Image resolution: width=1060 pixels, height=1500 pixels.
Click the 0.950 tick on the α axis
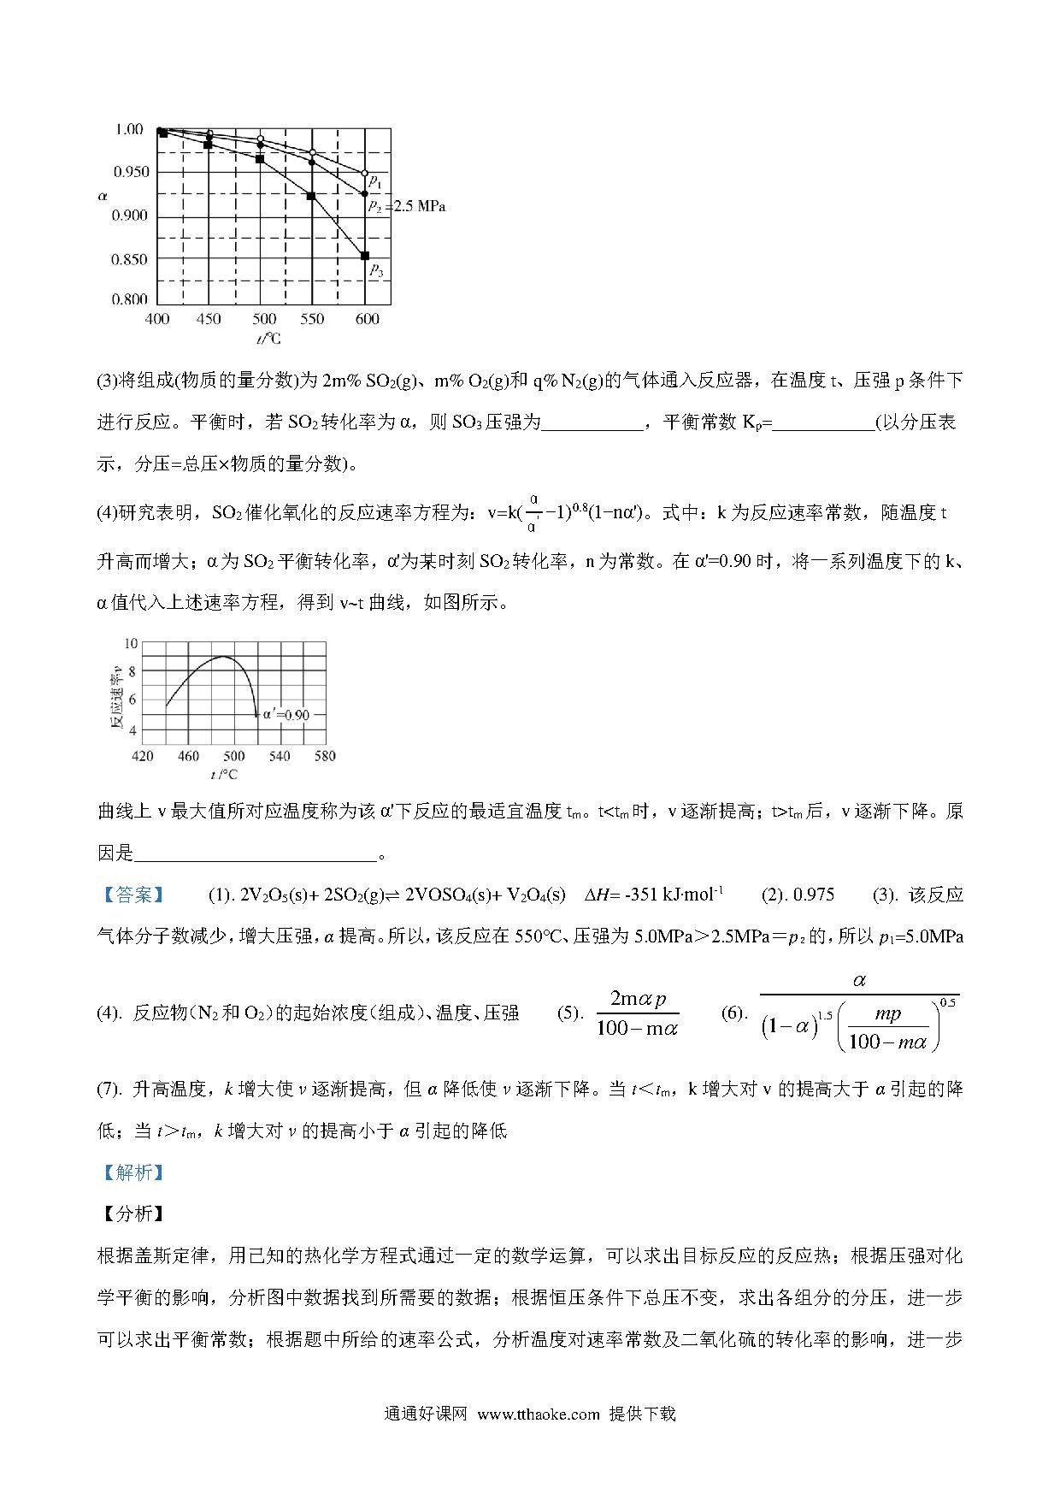point(131,172)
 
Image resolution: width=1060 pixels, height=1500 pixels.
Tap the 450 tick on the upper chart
point(209,319)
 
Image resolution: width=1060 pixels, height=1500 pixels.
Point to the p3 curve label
point(376,270)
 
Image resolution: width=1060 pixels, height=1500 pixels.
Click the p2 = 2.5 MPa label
point(406,206)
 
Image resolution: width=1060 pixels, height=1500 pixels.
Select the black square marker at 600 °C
point(365,256)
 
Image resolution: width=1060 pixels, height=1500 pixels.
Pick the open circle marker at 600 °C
point(365,174)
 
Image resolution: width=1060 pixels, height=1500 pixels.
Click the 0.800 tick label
point(131,299)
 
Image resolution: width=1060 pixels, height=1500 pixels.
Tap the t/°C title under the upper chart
point(268,339)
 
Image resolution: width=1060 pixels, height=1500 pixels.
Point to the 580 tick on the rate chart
point(325,756)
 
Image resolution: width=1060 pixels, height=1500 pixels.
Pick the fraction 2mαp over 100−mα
point(638,1013)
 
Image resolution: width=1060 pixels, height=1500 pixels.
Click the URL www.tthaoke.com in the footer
point(539,1414)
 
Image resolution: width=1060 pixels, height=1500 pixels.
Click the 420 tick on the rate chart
point(143,756)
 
